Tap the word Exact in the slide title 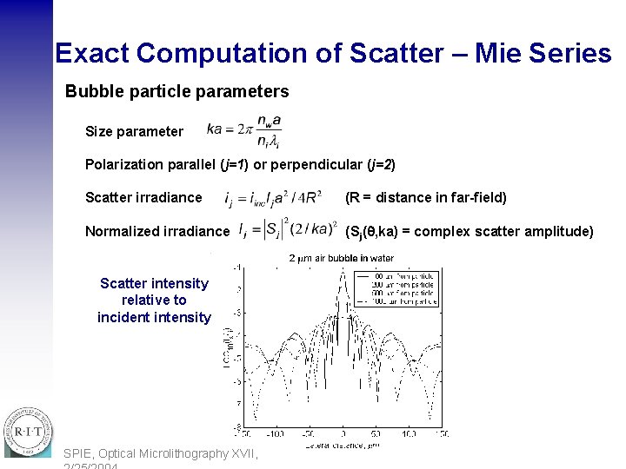coord(92,53)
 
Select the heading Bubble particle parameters coord(176,91)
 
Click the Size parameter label coord(134,132)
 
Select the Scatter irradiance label coord(143,197)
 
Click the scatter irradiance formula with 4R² coord(273,199)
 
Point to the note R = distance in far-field coord(426,197)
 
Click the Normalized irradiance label coord(157,231)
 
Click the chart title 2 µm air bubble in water coord(341,258)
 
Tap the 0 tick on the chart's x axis coord(343,433)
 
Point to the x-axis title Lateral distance coord(343,444)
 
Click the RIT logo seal coord(28,431)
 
